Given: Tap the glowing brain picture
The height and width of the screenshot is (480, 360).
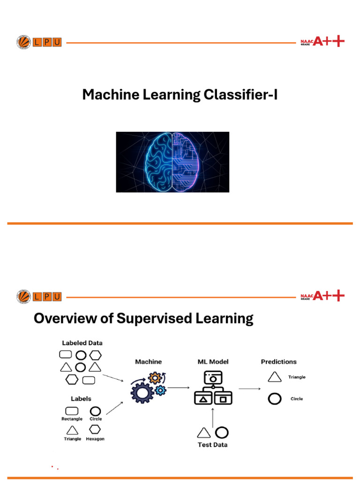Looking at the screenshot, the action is pos(172,162).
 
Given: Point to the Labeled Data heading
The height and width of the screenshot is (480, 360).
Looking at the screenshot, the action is pos(82,343).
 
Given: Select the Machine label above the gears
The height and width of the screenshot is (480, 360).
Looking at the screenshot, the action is pos(148,362).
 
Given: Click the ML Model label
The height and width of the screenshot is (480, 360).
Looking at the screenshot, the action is pos(213,362).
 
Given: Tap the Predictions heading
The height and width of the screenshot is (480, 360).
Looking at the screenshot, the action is pos(278,362).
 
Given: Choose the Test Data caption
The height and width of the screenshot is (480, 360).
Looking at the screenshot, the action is pos(213,444).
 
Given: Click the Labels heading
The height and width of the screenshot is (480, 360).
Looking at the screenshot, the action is pos(81,398).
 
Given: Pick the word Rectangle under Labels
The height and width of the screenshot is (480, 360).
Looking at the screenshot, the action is pos(72,419).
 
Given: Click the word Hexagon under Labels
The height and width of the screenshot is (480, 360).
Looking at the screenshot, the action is pos(95,439).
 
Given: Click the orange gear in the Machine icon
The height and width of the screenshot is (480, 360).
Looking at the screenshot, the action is pos(154,378).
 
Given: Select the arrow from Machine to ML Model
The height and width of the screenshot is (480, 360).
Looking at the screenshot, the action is pos(179,388).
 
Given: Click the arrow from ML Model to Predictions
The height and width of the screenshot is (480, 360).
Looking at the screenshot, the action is pos(250,389).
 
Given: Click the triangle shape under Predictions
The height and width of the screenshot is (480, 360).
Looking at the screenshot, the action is pos(274,376).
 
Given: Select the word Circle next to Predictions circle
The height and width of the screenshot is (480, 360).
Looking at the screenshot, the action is pos(296,399).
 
